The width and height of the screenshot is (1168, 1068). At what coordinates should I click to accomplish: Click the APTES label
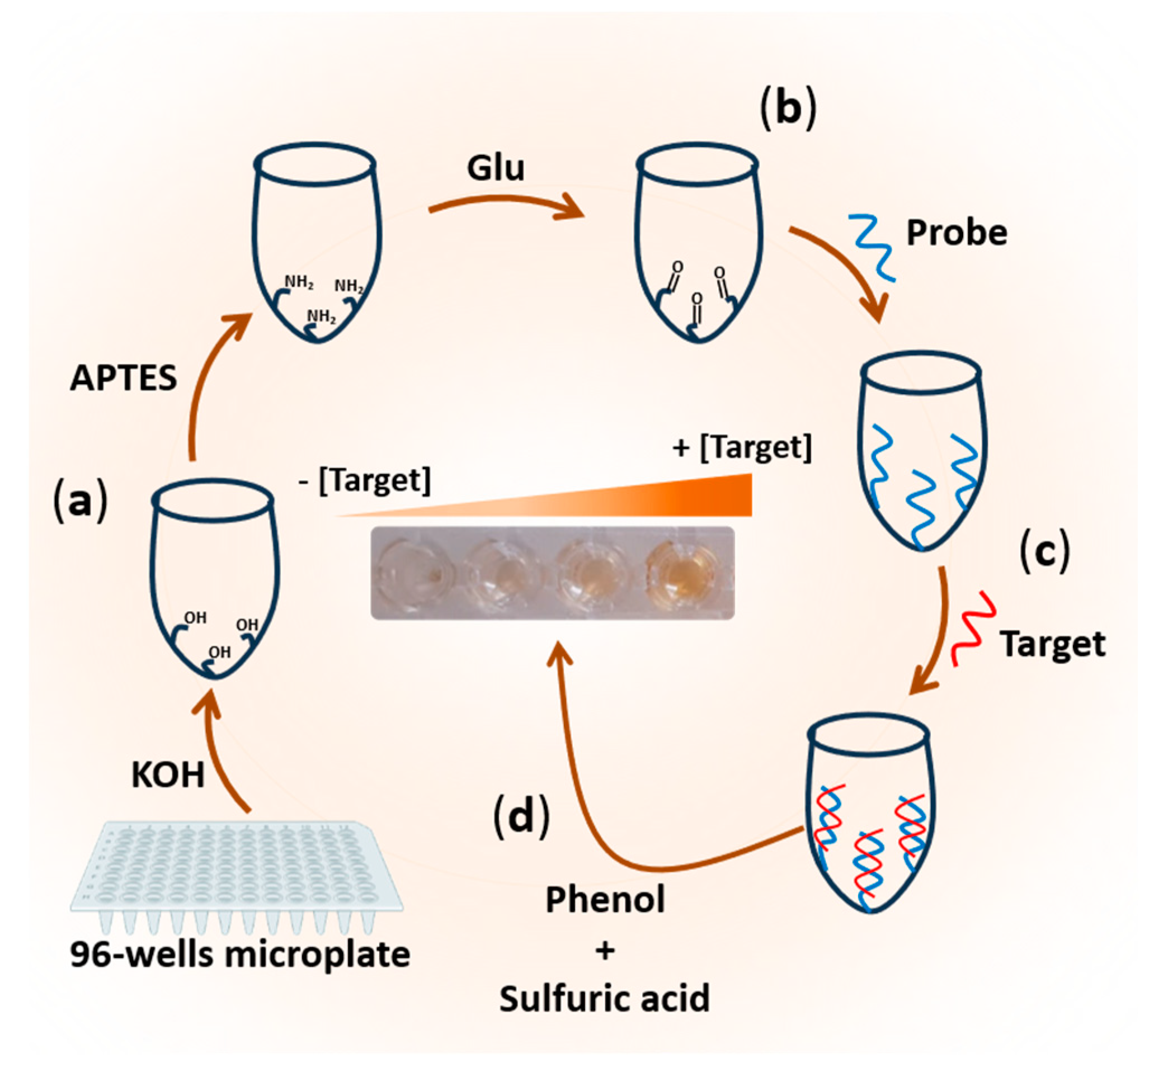click(x=124, y=379)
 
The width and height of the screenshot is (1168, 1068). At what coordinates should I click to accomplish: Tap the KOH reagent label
click(x=168, y=775)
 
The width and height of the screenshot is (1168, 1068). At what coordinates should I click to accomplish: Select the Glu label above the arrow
click(x=496, y=169)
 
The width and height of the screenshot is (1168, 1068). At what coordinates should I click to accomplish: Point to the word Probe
click(x=957, y=233)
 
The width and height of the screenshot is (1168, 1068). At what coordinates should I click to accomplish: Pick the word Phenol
click(x=605, y=900)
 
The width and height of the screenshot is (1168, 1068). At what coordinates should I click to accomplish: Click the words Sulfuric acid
click(x=605, y=999)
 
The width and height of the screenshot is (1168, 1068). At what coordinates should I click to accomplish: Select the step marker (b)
click(x=789, y=108)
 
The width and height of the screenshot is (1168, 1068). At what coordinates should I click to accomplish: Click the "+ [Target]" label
click(x=742, y=448)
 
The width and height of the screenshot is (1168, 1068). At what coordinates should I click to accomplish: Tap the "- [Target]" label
click(x=365, y=481)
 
